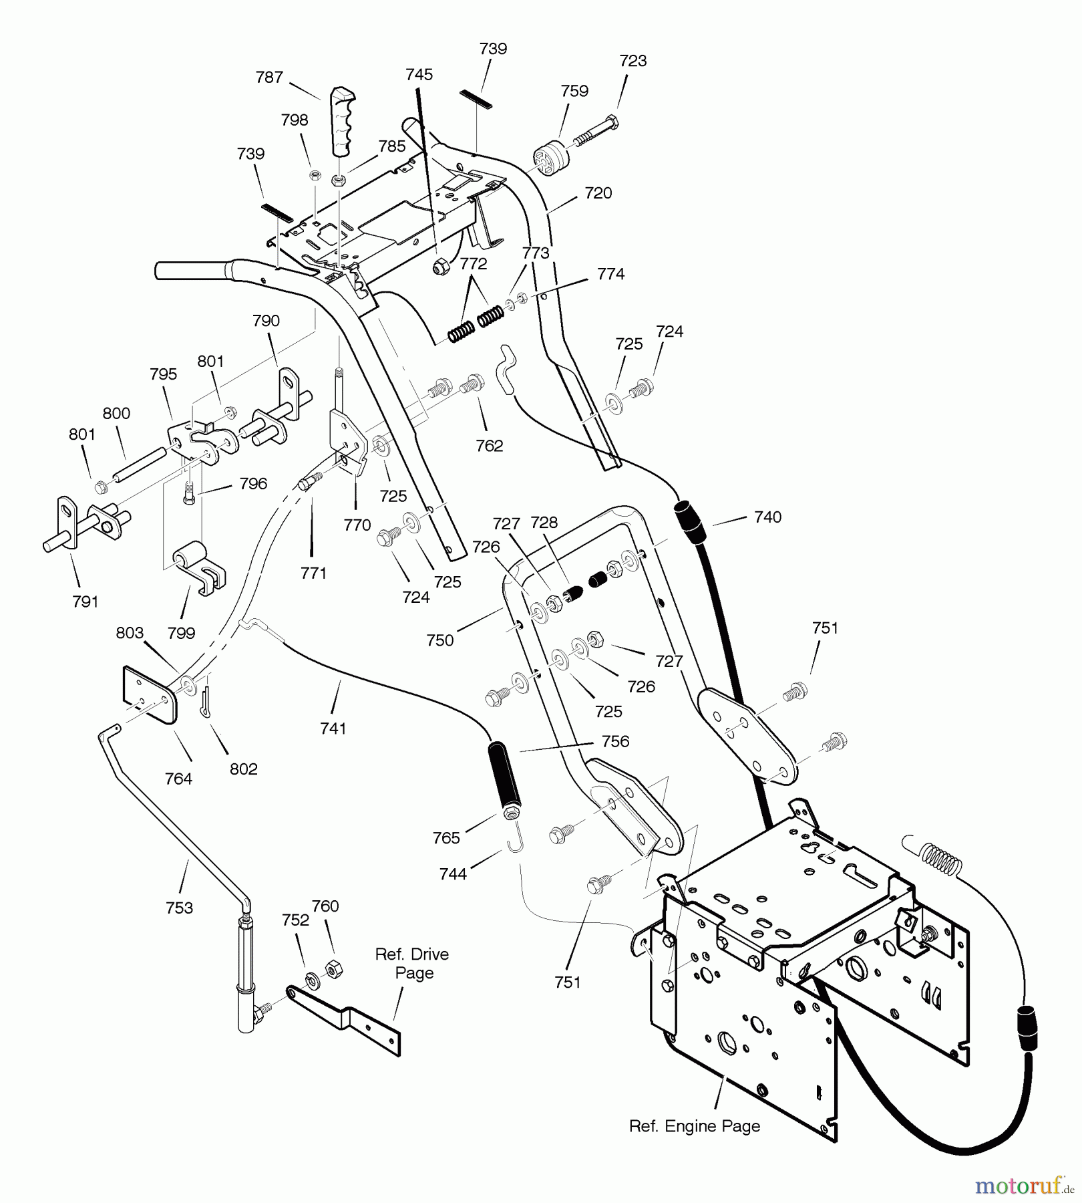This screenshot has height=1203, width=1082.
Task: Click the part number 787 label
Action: tap(269, 78)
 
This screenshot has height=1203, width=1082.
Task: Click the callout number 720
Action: tap(598, 193)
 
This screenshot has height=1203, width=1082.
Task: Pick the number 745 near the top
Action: tap(419, 75)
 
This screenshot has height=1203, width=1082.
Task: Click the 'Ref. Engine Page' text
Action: tap(694, 1126)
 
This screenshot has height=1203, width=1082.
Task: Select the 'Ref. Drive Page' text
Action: tap(412, 963)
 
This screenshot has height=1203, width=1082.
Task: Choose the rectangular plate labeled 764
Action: tap(150, 694)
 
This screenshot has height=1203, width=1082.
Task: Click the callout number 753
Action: tap(179, 908)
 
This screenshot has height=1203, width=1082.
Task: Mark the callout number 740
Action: tap(767, 517)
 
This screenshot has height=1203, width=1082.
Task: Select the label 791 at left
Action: tap(85, 601)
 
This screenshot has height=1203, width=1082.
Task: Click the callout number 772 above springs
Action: tap(473, 264)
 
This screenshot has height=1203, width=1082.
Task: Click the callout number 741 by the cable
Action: tap(333, 728)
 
